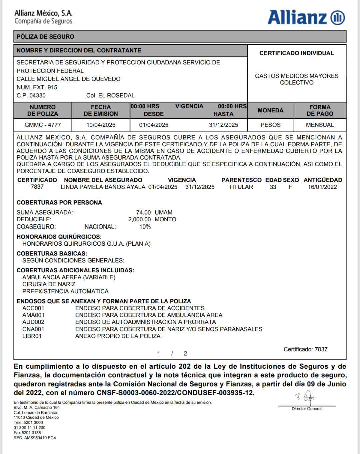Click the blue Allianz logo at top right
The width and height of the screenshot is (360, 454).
pos(306,17)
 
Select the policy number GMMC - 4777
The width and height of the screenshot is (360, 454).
pos(43,125)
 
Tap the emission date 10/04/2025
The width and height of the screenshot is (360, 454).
pos(101,125)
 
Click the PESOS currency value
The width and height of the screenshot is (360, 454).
pos(270,125)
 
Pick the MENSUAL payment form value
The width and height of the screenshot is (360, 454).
pos(320,125)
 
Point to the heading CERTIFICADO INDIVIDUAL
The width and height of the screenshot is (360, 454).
pos(296,53)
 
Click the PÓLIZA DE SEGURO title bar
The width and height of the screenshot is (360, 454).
pos(45,37)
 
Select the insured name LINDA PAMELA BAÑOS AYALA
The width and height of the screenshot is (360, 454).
pos(103,187)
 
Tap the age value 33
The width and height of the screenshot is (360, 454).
pos(273,187)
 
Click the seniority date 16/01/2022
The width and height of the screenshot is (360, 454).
pos(322,187)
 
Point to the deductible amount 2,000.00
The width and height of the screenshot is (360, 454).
pos(139,219)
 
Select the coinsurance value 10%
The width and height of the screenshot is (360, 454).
pos(145,227)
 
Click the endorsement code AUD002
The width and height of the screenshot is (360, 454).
pos(33,322)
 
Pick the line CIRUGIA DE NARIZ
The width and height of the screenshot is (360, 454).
pos(49,284)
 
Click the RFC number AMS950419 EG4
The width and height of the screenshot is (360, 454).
pos(40,438)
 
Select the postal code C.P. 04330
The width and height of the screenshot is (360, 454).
pos(31,96)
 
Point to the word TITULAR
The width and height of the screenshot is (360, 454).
pos(241,187)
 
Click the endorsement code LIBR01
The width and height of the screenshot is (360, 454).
pos(32,336)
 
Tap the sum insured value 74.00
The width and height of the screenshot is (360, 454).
pos(143,212)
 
